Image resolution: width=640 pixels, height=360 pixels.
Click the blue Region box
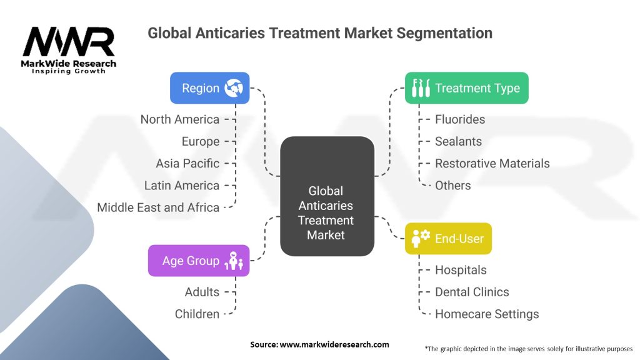click(210, 88)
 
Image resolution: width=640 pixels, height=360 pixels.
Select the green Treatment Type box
click(466, 88)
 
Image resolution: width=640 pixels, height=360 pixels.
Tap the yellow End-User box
click(448, 238)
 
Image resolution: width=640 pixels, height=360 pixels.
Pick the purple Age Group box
click(198, 261)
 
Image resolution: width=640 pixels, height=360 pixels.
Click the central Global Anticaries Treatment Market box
click(326, 213)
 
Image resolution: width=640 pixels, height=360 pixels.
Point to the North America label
click(180, 119)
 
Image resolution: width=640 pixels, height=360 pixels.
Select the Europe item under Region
click(201, 141)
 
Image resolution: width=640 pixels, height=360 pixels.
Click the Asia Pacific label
click(187, 163)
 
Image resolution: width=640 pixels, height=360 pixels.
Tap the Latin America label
click(182, 185)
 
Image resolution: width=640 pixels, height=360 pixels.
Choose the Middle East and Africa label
click(158, 207)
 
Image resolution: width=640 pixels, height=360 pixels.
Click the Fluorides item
click(460, 119)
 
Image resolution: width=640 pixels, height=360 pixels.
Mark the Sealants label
click(458, 141)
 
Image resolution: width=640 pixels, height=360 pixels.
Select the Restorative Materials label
click(492, 163)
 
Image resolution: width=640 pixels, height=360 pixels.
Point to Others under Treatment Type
click(453, 185)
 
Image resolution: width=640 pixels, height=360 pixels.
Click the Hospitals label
click(461, 270)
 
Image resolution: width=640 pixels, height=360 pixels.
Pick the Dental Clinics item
click(472, 292)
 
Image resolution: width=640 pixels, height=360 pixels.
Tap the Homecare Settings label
click(487, 314)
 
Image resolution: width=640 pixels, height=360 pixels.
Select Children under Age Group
click(197, 314)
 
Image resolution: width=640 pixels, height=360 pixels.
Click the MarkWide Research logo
click(69, 50)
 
